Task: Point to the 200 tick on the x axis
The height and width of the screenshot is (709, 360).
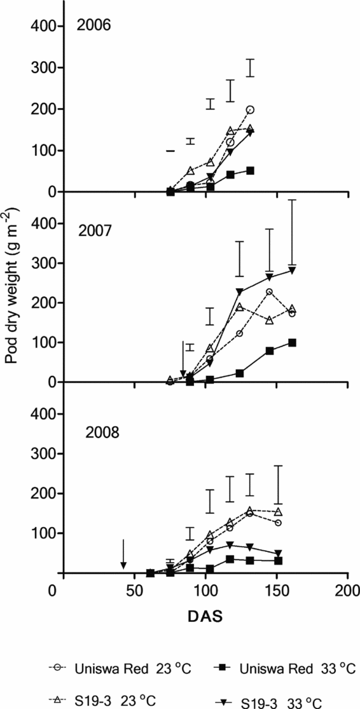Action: (347, 589)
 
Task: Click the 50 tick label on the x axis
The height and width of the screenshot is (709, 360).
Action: (135, 589)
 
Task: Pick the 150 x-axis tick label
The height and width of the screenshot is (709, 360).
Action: (277, 589)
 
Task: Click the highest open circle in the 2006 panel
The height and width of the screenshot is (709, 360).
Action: (250, 110)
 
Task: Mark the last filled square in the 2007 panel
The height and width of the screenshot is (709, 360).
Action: (292, 343)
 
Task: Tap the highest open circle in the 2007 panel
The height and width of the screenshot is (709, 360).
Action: (269, 292)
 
